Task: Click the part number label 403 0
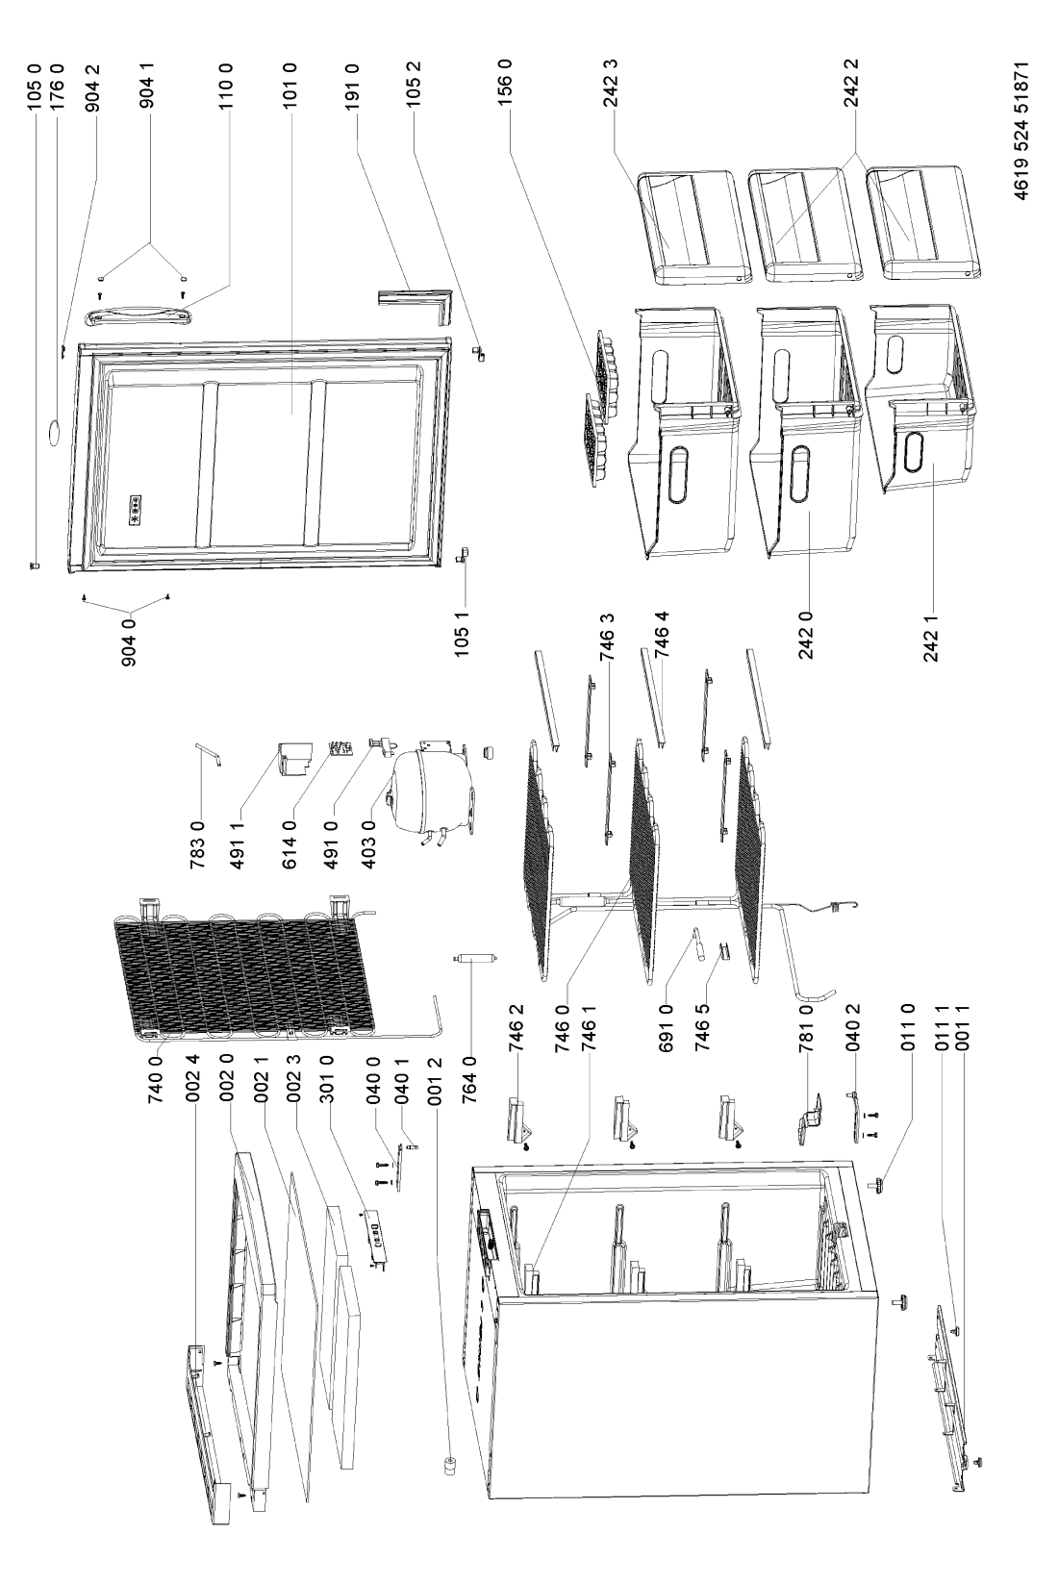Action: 367,842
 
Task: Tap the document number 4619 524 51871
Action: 1021,130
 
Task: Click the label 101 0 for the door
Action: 290,86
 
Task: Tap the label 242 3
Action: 611,84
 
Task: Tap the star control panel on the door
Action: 135,511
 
